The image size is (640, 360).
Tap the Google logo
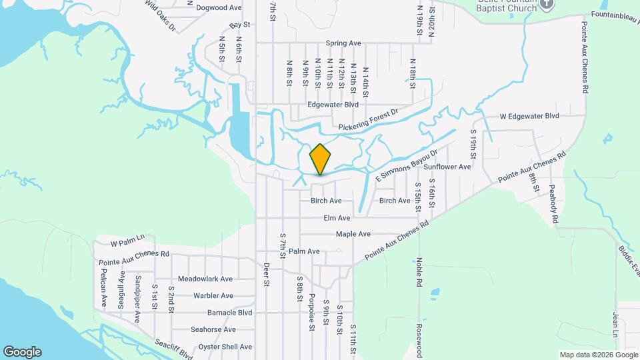pos(22,352)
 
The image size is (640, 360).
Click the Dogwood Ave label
pos(219,8)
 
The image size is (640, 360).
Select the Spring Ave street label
pos(343,43)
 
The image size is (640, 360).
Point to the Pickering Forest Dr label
pos(367,121)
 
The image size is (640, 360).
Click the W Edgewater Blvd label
pos(530,116)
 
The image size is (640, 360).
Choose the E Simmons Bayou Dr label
pos(408,166)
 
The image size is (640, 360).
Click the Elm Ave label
pos(337,218)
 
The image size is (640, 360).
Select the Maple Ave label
pos(353,235)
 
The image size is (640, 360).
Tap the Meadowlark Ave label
pos(205,279)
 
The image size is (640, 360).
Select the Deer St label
pos(265,273)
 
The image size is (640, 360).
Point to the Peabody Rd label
pos(554,204)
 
